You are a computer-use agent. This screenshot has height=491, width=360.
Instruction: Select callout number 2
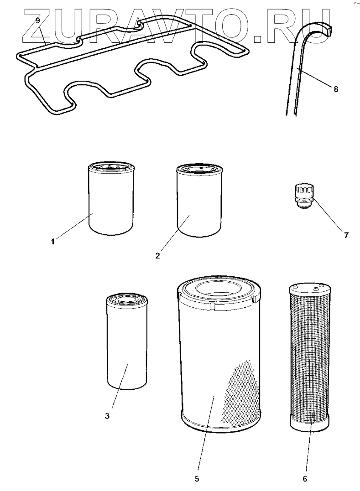pos(157,255)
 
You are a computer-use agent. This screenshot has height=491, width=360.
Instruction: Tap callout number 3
pos(107,415)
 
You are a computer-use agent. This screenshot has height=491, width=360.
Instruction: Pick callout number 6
pos(305,479)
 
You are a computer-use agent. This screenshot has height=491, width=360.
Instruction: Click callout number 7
pos(346,235)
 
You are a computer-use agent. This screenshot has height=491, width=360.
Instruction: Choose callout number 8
pos(336,89)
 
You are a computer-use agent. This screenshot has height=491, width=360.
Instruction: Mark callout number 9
pos(37,21)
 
